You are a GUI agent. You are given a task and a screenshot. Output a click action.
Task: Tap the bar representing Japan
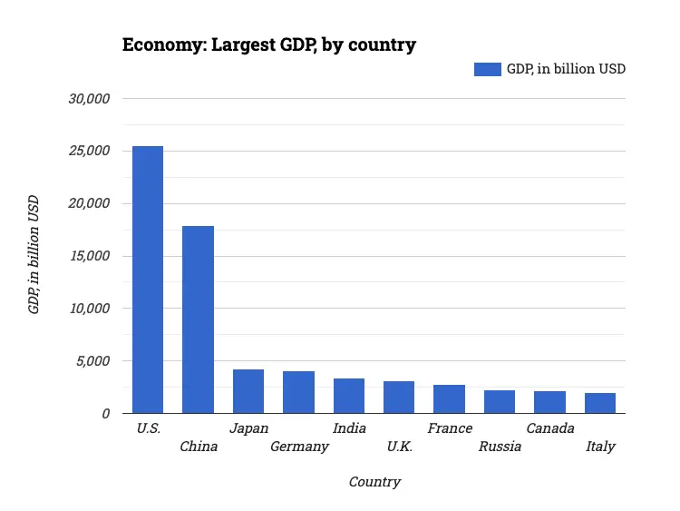pyautogui.click(x=248, y=391)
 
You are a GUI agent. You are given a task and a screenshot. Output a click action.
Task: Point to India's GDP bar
pyautogui.click(x=349, y=396)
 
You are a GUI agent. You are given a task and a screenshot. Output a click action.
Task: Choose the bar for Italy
pyautogui.click(x=600, y=403)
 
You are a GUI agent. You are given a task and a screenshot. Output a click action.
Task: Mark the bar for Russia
pyautogui.click(x=500, y=401)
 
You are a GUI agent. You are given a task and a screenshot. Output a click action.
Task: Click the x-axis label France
pyautogui.click(x=450, y=428)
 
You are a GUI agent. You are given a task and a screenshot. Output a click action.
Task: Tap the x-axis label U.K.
pyautogui.click(x=400, y=447)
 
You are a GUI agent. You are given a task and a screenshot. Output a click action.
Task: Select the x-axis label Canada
pyautogui.click(x=550, y=428)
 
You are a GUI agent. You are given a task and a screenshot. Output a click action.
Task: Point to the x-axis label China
pyautogui.click(x=199, y=447)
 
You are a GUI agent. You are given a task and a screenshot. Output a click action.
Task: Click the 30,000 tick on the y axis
pyautogui.click(x=90, y=98)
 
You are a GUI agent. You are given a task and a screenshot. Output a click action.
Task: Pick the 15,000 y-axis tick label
pyautogui.click(x=90, y=256)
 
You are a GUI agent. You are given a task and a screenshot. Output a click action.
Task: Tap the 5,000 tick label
pyautogui.click(x=93, y=361)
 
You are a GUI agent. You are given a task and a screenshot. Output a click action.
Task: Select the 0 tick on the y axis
pyautogui.click(x=105, y=414)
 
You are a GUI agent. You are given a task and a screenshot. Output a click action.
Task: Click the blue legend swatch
pyautogui.click(x=487, y=69)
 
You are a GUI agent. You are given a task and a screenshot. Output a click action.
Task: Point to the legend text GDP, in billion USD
pyautogui.click(x=566, y=69)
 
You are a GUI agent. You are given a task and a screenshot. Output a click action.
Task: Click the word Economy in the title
pyautogui.click(x=163, y=44)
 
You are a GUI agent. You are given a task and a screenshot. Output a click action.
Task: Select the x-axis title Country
pyautogui.click(x=374, y=482)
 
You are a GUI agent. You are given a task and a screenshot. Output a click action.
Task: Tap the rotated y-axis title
pyautogui.click(x=34, y=255)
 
